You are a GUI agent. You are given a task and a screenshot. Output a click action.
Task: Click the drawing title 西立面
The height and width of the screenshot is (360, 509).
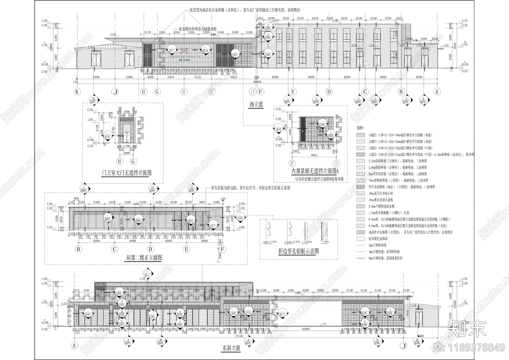[x=256, y=104]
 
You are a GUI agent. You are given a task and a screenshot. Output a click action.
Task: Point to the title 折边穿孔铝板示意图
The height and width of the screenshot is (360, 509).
[x=298, y=251]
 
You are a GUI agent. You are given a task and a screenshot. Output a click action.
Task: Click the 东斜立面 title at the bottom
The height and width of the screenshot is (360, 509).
[x=231, y=349]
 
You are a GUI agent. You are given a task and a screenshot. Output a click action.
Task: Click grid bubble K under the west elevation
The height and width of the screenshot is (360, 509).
[x=77, y=92]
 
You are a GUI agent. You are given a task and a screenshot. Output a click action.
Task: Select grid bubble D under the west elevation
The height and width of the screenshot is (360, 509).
[x=329, y=92]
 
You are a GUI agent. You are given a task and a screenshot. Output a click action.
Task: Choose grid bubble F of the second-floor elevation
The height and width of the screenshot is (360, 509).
[x=223, y=249]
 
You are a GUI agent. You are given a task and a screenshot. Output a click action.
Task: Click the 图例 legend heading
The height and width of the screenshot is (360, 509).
[x=360, y=127]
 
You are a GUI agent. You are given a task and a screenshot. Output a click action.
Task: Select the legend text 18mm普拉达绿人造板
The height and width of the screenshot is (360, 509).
[x=381, y=200]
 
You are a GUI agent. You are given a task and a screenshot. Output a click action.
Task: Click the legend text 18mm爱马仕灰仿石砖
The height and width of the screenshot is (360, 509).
[x=381, y=194]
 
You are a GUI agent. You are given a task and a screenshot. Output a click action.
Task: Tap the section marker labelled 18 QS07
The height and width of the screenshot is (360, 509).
[x=93, y=100]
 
